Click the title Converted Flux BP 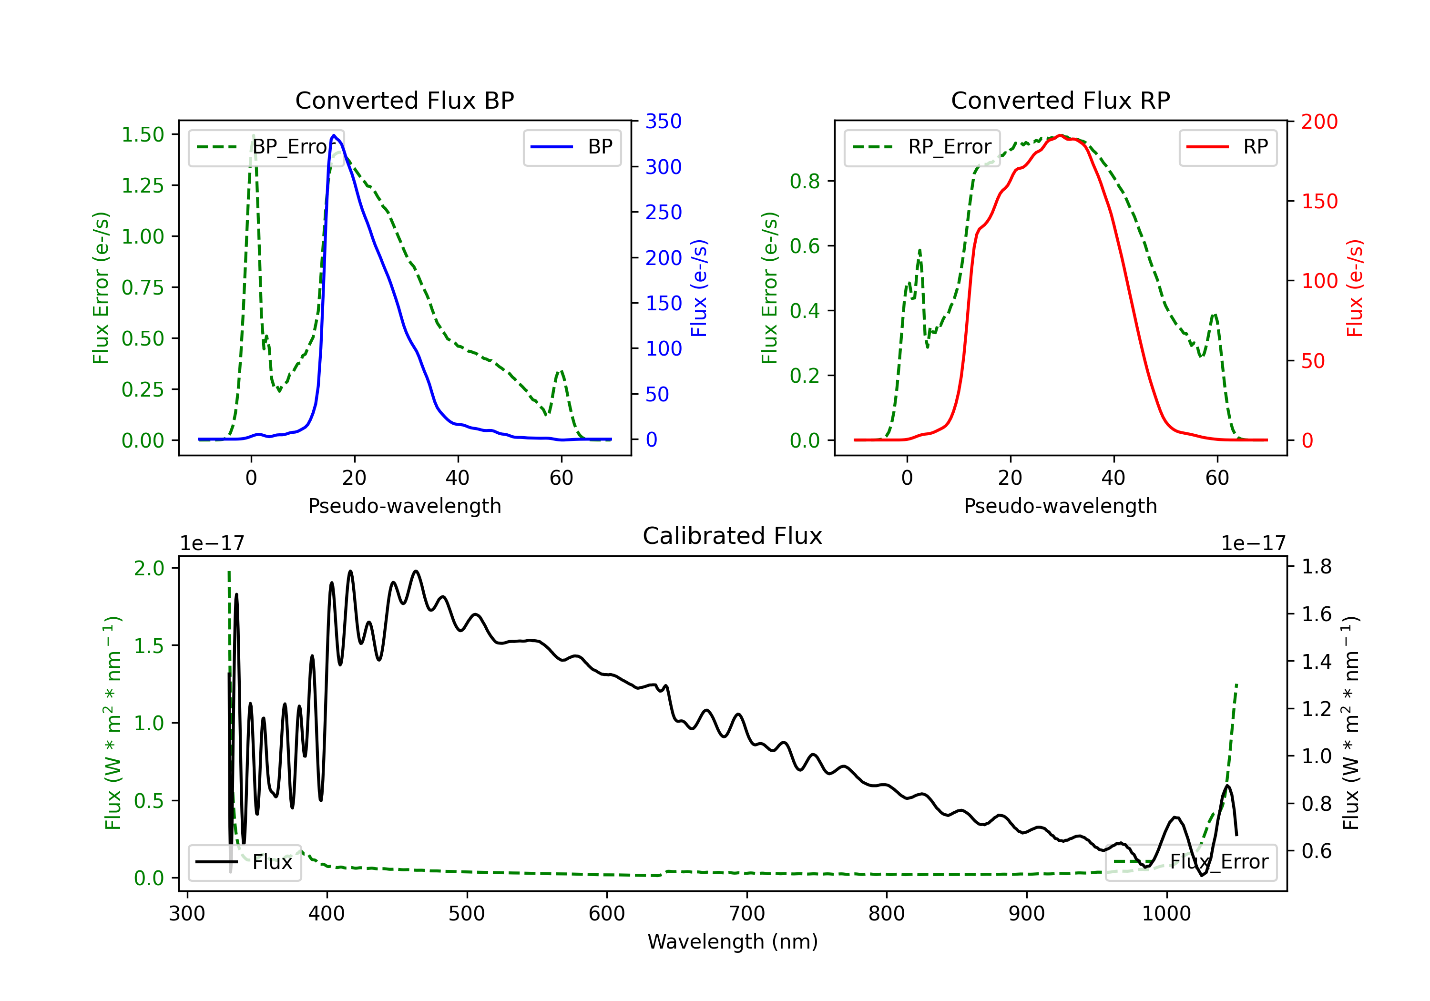pos(404,100)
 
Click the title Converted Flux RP pos(1060,100)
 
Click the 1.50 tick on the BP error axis pos(143,134)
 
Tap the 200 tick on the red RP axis pos(1319,122)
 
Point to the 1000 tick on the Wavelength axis pos(1166,914)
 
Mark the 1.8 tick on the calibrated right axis pos(1316,567)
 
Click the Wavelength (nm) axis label pos(733,942)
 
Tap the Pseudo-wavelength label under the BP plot pos(404,506)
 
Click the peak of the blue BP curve pos(334,135)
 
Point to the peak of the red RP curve pos(1060,136)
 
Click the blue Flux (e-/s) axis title pos(699,288)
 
